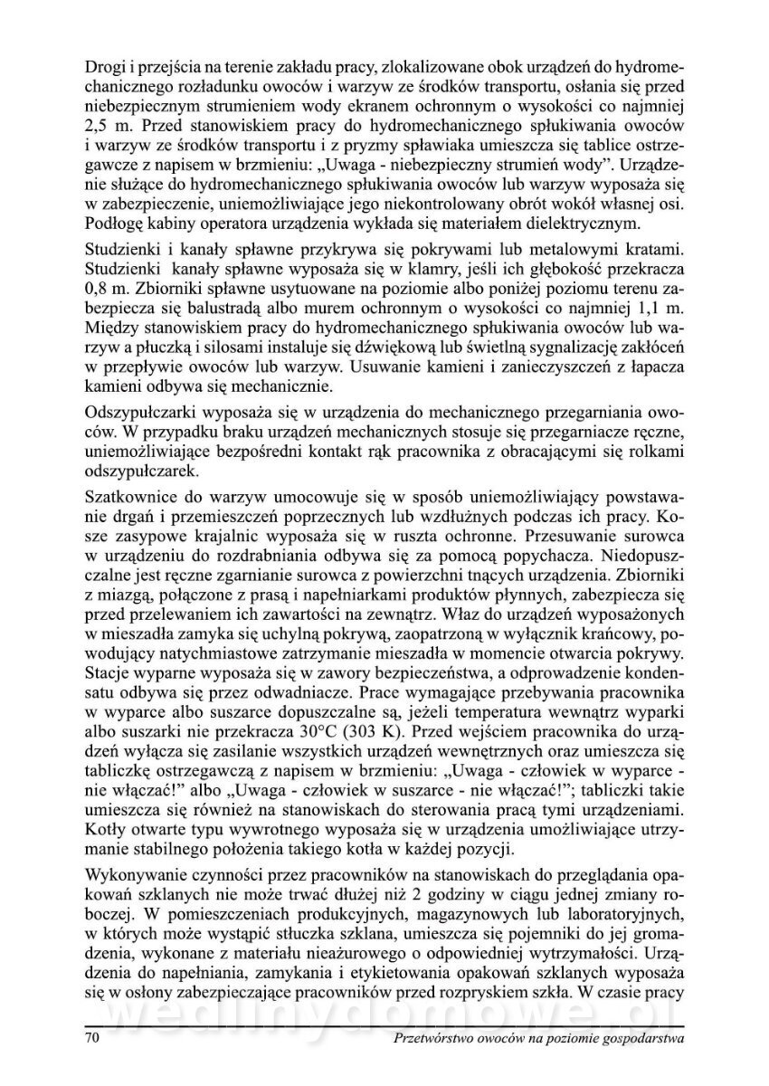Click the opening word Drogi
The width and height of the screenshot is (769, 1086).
105,67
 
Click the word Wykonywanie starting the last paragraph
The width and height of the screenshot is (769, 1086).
136,874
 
